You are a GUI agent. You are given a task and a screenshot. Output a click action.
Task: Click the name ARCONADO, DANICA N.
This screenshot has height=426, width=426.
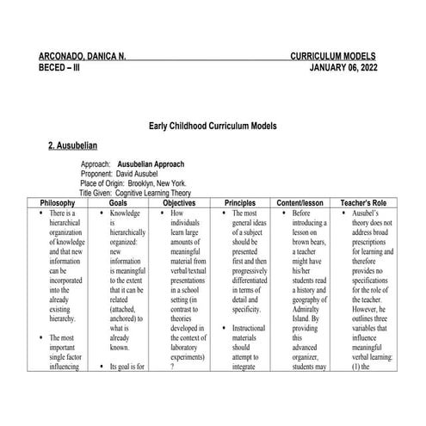[x=83, y=55]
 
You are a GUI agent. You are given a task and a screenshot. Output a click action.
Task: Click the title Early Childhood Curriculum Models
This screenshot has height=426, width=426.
[x=213, y=126]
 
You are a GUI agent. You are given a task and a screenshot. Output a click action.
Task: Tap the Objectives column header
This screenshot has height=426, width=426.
[x=182, y=203]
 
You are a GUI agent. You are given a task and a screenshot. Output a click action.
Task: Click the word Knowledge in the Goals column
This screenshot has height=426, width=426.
[x=125, y=213]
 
